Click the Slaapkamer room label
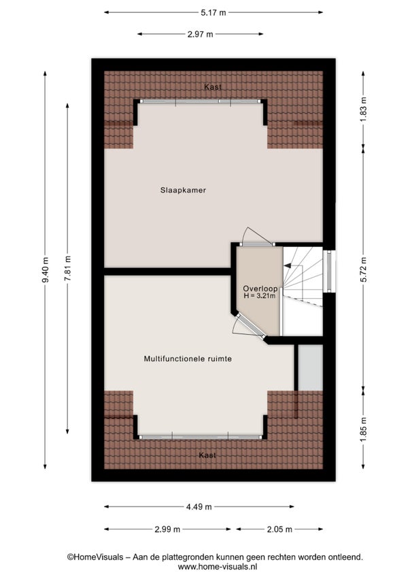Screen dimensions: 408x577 [x=183, y=191]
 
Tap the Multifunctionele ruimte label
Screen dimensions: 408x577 [x=188, y=359]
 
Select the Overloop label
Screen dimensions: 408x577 [x=260, y=289]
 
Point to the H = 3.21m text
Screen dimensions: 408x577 [x=259, y=295]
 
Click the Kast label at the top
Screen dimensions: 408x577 [x=213, y=87]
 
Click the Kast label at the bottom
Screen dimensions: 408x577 [x=207, y=455]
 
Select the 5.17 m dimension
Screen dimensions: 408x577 [x=214, y=12]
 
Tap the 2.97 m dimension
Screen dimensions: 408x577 [x=200, y=34]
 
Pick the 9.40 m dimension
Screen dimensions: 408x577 [x=45, y=269]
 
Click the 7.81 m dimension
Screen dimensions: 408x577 [x=67, y=269]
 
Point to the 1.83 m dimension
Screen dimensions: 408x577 [x=363, y=110]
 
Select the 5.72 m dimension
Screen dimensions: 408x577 [x=363, y=269]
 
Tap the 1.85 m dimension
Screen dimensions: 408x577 [x=363, y=430]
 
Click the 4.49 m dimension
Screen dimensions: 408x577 [x=199, y=507]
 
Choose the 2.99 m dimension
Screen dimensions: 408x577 [x=167, y=529]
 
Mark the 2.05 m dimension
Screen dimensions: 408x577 [x=279, y=529]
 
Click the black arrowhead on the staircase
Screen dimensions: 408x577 [x=287, y=265]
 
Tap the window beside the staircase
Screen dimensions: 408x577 [x=329, y=271]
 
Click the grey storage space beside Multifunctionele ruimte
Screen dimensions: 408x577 [x=310, y=367]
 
